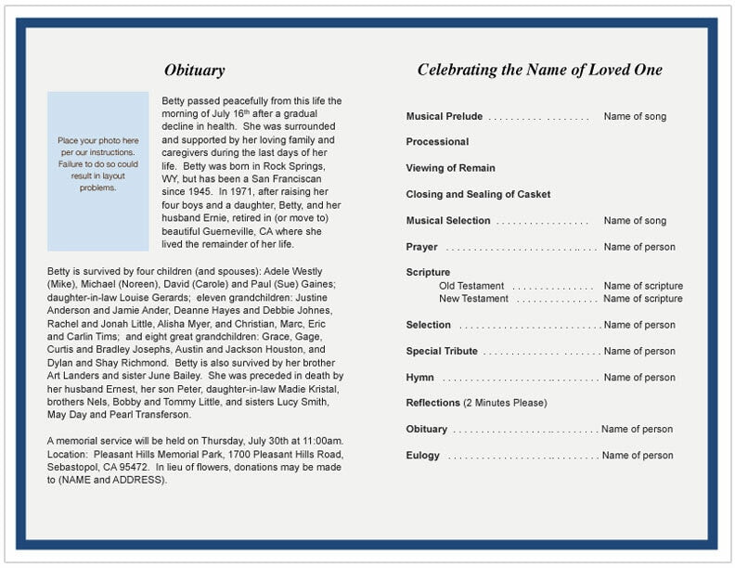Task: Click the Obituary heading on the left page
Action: [x=194, y=71]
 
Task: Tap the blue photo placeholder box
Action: [x=97, y=171]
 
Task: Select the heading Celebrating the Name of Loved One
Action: [x=539, y=70]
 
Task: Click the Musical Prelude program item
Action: [x=445, y=117]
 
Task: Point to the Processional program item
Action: [x=437, y=142]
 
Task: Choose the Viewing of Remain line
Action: [x=450, y=168]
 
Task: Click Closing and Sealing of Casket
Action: [x=478, y=195]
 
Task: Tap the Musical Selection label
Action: [x=448, y=221]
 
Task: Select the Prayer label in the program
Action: [x=421, y=247]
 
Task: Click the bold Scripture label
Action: [x=428, y=273]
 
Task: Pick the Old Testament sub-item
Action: [x=472, y=286]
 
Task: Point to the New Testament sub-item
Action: [x=473, y=299]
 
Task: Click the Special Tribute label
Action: [x=442, y=351]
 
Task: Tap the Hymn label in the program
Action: [x=419, y=378]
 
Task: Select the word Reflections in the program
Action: [x=432, y=403]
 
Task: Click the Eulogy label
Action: [x=423, y=456]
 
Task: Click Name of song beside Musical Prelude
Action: [x=635, y=117]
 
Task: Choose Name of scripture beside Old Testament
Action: [x=643, y=286]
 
